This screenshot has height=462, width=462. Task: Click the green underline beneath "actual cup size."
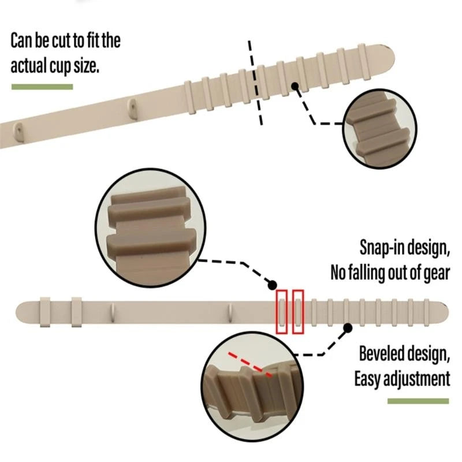[42, 87]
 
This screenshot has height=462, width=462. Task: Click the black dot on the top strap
[295, 85]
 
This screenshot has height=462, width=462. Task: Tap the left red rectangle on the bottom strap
[281, 311]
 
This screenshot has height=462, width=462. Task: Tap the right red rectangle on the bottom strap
[298, 311]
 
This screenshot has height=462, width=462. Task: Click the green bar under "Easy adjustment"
[418, 401]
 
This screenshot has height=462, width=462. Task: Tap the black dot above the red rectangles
[271, 285]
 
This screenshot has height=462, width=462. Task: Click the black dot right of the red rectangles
[348, 327]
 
